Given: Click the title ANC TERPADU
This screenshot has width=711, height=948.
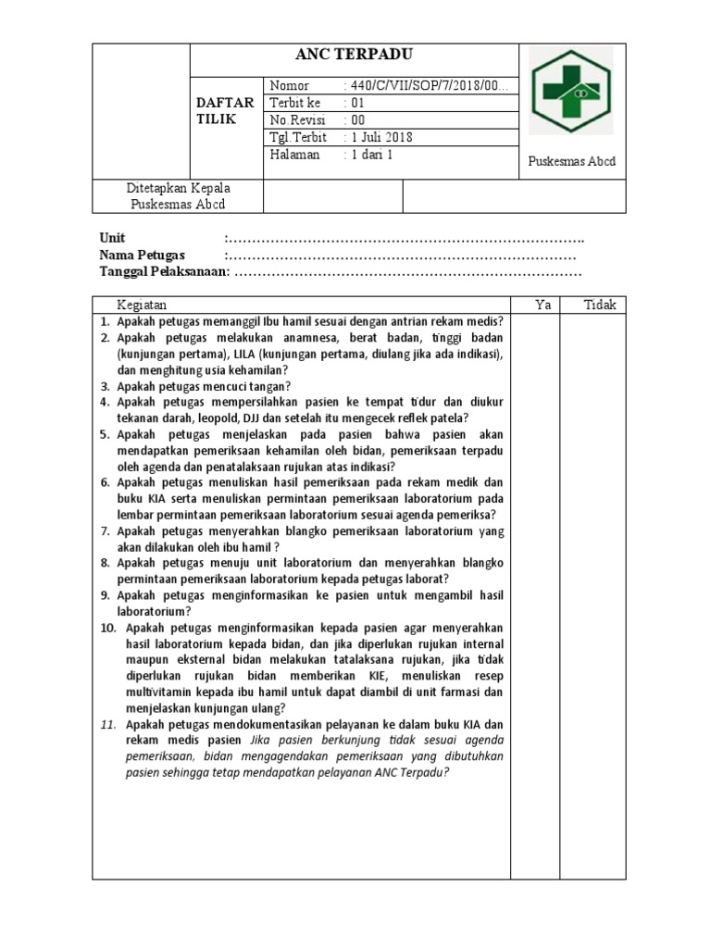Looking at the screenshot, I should (x=355, y=56).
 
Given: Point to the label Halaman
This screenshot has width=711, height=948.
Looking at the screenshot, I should (x=294, y=155).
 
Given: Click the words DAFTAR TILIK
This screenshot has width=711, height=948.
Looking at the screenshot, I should (x=224, y=111).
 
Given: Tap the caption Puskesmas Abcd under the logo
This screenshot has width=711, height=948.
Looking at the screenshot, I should (x=571, y=161).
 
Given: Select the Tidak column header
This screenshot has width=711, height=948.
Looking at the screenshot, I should (x=600, y=306).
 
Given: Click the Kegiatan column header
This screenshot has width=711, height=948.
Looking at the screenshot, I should (x=142, y=306).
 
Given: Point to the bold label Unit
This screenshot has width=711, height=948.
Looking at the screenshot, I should (x=112, y=238).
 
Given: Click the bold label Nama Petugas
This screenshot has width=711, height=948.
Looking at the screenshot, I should (x=142, y=256).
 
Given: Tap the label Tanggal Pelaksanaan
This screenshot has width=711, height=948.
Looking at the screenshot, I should (x=163, y=272).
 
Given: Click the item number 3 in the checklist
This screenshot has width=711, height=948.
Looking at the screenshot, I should (x=106, y=386).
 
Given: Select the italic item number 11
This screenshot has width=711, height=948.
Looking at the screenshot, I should (x=109, y=725).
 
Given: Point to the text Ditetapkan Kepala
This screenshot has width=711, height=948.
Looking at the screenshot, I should (x=178, y=188).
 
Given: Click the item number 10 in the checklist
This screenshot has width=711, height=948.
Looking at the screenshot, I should (x=108, y=628).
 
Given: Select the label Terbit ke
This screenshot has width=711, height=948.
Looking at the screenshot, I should (x=294, y=103).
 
